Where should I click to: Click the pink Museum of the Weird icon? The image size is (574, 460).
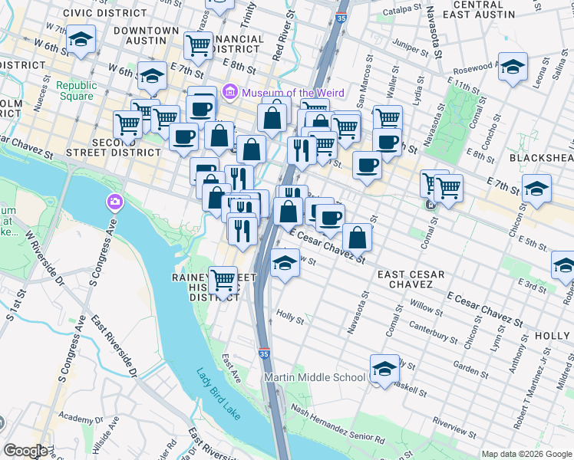[229, 93]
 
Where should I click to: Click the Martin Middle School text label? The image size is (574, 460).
[315, 377]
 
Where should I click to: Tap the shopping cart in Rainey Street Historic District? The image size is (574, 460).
[223, 281]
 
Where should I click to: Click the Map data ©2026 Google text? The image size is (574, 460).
[527, 454]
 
